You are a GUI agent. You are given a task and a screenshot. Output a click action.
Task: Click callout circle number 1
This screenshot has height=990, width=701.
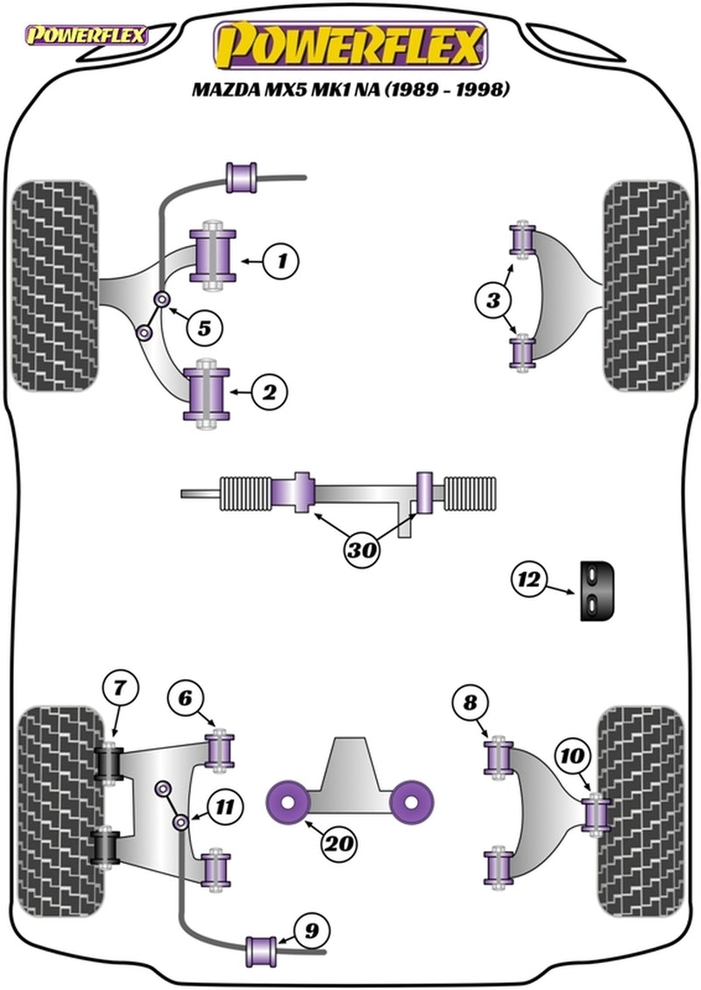tap(281, 260)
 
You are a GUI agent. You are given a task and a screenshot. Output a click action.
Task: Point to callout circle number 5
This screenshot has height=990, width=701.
tap(204, 329)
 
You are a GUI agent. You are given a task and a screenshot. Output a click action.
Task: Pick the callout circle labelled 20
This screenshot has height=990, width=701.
tap(340, 844)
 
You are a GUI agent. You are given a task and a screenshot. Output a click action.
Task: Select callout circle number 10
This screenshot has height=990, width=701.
tap(573, 754)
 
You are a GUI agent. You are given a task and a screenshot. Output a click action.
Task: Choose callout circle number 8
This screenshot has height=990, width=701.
tap(471, 703)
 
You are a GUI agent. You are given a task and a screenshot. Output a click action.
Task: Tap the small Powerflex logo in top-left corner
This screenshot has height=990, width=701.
tap(87, 37)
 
